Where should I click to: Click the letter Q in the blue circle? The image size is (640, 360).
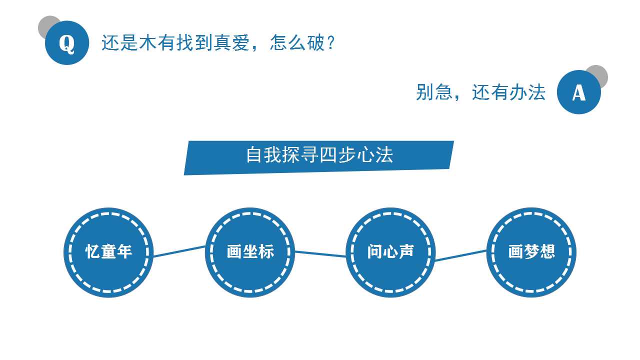[x=67, y=44]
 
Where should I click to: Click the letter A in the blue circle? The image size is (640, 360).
[x=579, y=93]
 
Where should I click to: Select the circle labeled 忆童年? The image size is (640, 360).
[x=108, y=252]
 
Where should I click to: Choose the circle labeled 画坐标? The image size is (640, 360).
[x=250, y=252]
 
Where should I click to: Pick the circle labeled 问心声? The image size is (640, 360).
[x=390, y=252]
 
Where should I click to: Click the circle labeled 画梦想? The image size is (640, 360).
[x=531, y=252]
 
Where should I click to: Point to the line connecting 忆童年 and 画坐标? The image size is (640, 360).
[x=179, y=251]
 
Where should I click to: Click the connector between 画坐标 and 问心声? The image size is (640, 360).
[x=320, y=254]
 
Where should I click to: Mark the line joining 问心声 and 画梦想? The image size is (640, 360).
[x=461, y=255]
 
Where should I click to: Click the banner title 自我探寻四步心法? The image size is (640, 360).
[x=319, y=155]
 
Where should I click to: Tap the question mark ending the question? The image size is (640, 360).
[x=331, y=43]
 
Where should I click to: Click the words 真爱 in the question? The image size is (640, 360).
[x=231, y=43]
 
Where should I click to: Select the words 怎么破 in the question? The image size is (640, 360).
[x=297, y=43]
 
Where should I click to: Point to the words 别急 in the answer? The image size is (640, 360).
[x=434, y=92]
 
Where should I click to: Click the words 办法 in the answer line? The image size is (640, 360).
[x=527, y=92]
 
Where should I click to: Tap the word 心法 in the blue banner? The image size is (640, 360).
[x=375, y=155]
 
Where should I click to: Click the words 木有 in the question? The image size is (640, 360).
[x=157, y=43]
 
